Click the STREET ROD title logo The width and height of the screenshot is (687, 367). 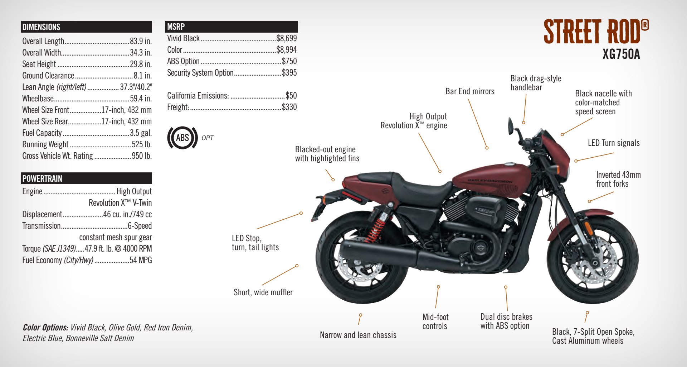(x=595, y=32)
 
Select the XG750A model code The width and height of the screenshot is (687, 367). (x=621, y=54)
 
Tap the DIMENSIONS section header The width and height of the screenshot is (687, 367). (x=41, y=27)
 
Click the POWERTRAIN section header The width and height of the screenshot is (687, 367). (x=42, y=178)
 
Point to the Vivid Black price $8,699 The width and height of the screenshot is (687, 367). (x=286, y=38)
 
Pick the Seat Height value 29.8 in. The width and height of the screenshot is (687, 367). (x=141, y=64)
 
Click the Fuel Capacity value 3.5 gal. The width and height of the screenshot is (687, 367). (x=141, y=133)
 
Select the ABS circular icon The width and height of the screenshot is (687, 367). (x=182, y=138)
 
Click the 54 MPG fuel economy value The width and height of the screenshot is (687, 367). (x=141, y=260)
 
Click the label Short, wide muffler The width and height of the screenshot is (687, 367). (x=263, y=292)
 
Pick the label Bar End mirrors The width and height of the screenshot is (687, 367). (x=470, y=91)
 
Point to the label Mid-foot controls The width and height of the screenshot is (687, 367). (x=435, y=321)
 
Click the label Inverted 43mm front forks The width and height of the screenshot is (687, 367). (x=618, y=179)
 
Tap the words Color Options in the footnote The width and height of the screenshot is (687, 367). (x=45, y=328)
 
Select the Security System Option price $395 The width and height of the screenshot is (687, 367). (x=289, y=73)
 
